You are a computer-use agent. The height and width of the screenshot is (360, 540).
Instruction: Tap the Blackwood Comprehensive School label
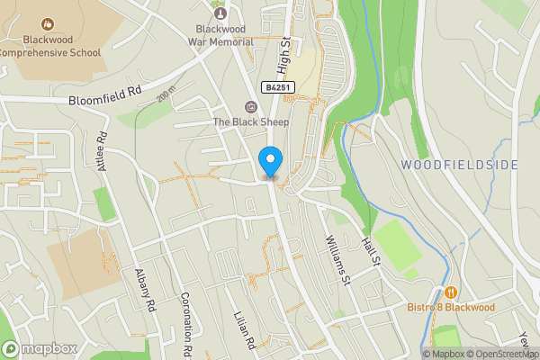pyautogui.click(x=49, y=46)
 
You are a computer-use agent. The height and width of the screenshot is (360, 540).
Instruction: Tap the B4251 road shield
pyautogui.click(x=278, y=87)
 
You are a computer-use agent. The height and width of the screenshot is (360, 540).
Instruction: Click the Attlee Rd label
pyautogui.click(x=102, y=151)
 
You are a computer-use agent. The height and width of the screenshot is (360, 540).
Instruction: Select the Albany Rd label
pyautogui.click(x=145, y=289)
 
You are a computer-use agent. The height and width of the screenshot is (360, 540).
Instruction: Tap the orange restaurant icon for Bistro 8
pyautogui.click(x=449, y=292)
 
